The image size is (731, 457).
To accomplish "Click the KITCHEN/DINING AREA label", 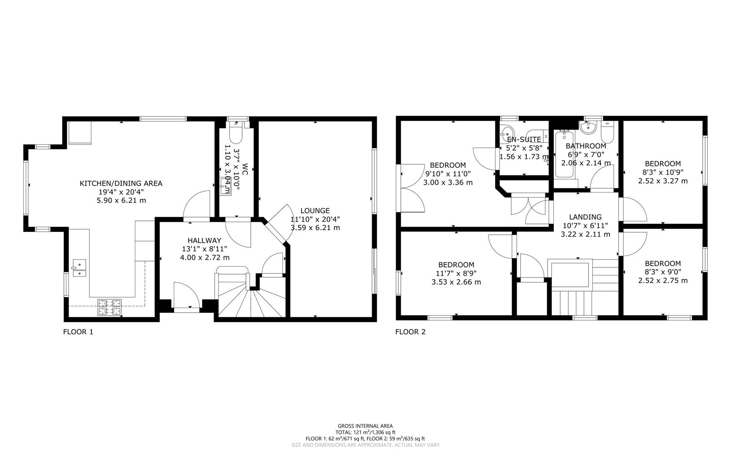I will coord(121,183).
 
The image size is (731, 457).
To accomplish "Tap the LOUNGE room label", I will coord(315,210).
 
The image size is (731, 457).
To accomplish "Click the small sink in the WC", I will coord(225,186).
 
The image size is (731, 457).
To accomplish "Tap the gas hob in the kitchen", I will coord(110,308).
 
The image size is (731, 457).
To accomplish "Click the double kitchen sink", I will coord(79,268).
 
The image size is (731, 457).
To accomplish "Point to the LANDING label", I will coord(585,217).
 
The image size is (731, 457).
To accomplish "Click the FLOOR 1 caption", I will coord(78,332).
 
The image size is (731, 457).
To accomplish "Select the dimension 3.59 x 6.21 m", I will coord(315,228).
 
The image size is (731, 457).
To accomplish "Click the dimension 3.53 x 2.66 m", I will coord(456,282).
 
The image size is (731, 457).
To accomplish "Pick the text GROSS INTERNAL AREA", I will coord(365,426).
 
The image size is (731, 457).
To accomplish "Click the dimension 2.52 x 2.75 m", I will coord(663,281).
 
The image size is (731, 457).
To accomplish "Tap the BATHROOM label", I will coord(586,146).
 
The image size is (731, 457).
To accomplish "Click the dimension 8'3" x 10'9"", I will coord(663,172).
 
